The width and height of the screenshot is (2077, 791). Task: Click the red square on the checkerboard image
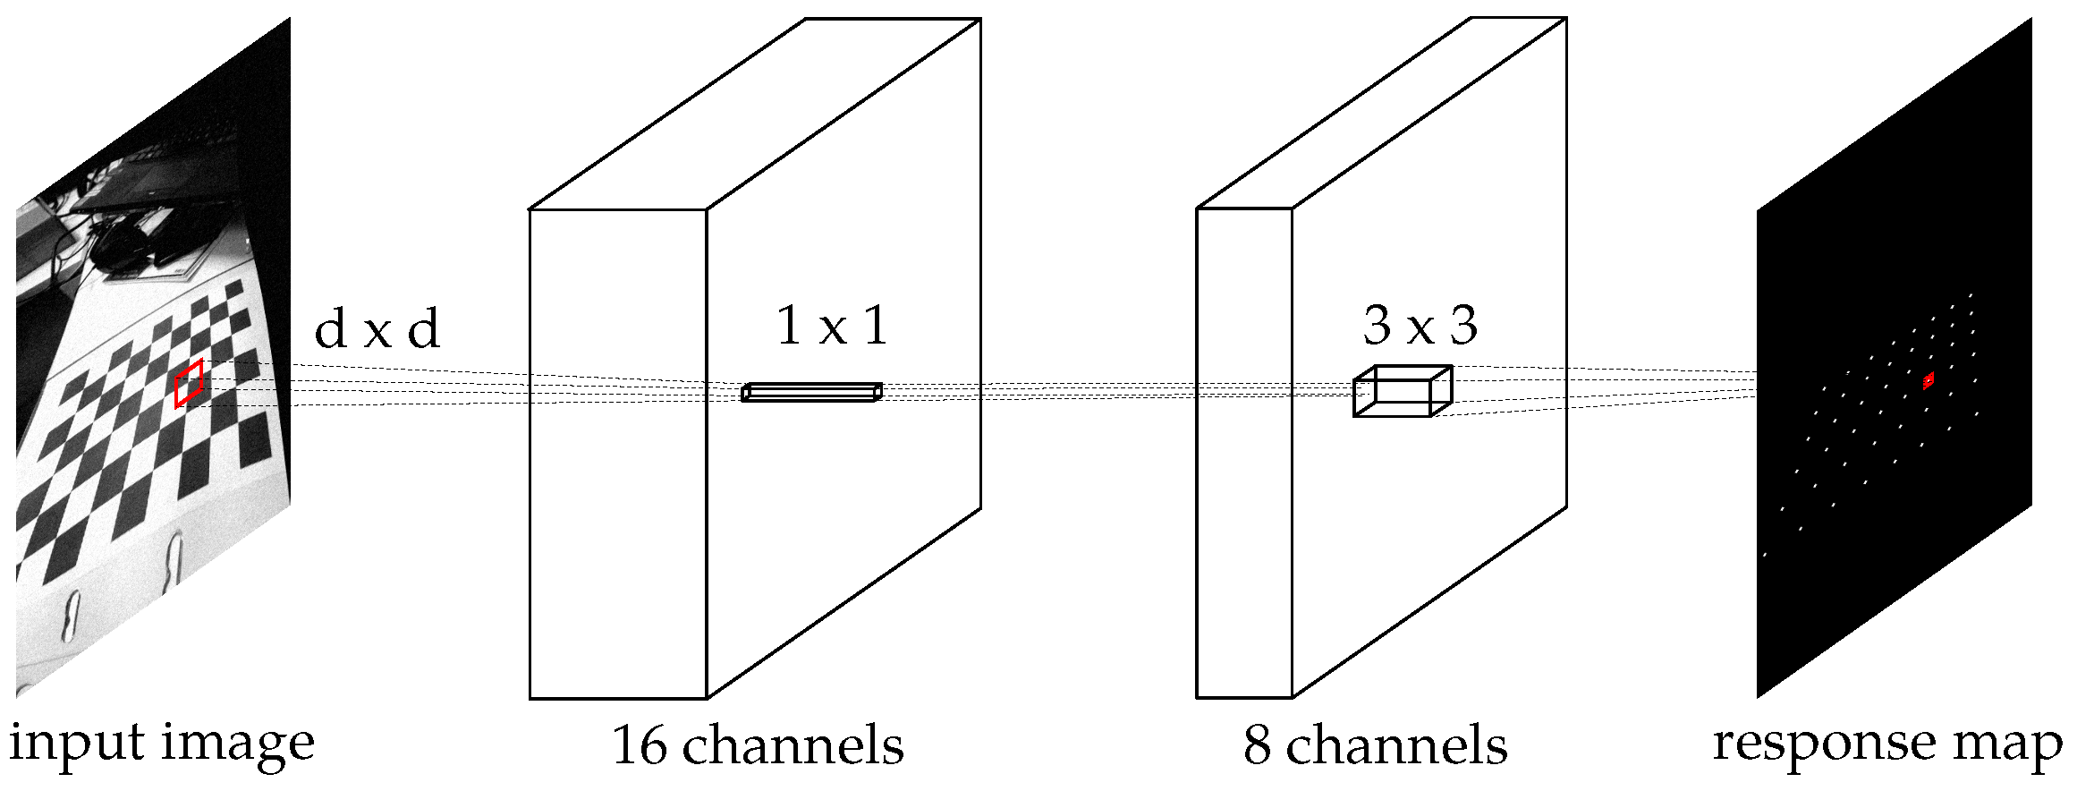(189, 383)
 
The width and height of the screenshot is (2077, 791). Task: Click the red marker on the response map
(1929, 381)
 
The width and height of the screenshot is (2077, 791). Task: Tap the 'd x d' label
(377, 330)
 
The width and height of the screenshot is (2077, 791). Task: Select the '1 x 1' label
(832, 325)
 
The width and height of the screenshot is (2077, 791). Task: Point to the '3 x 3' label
(1420, 325)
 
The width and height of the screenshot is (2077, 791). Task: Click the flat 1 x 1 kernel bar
(811, 392)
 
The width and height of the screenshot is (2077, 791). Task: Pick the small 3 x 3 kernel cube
(1402, 391)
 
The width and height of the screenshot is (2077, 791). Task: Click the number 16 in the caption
(640, 744)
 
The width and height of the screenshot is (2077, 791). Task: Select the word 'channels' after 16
(793, 744)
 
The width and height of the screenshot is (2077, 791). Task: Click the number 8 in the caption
(1257, 744)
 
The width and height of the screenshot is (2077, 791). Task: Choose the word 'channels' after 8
(1396, 744)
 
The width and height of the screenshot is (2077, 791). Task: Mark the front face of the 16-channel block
(618, 537)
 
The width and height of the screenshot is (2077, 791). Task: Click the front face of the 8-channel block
(1244, 537)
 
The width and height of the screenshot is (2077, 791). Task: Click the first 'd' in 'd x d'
(331, 330)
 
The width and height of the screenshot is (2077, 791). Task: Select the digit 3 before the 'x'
(1378, 325)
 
